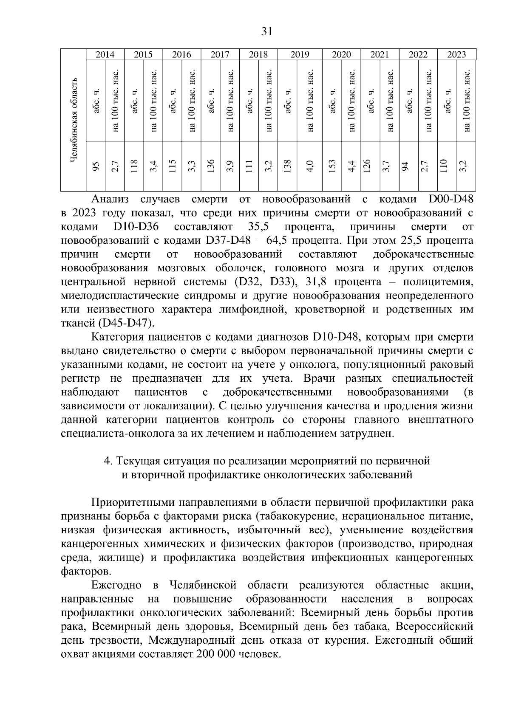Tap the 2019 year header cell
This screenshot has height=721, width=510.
coord(300,54)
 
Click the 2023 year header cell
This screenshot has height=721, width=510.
coord(457,54)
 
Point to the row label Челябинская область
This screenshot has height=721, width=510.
coord(74,120)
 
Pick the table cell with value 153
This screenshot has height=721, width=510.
coord(332,166)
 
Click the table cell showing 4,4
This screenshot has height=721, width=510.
coord(351,166)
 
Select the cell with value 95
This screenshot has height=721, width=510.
coord(96,166)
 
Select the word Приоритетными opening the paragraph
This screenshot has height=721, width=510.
coord(132,502)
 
